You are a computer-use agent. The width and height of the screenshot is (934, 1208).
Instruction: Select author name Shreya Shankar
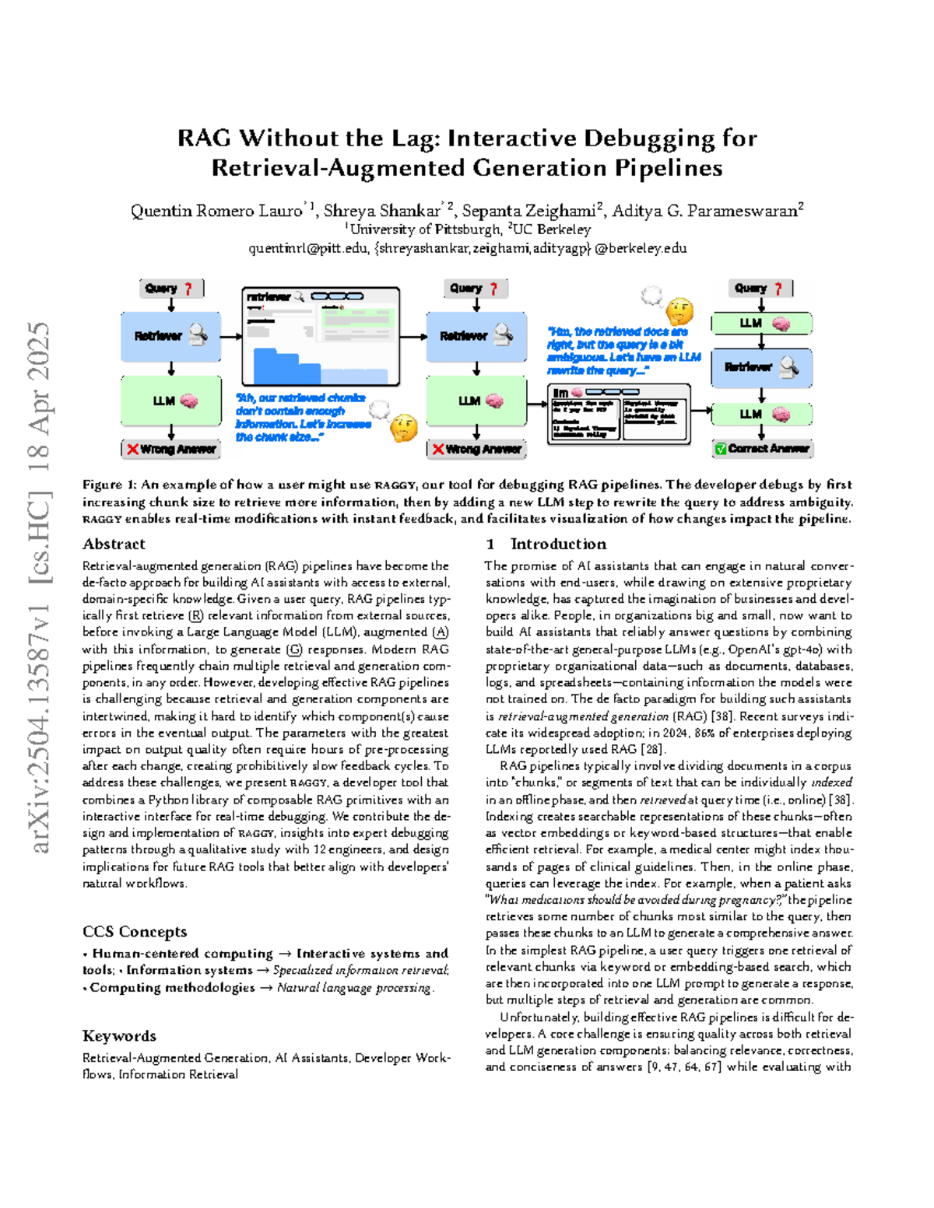tap(382, 211)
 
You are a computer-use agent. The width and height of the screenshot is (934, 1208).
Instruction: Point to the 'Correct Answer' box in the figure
tap(762, 448)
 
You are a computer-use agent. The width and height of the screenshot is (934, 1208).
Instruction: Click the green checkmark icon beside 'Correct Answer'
tap(721, 449)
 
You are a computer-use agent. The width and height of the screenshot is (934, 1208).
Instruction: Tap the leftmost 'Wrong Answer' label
tap(171, 449)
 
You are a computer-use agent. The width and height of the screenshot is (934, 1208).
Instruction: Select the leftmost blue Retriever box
tap(171, 336)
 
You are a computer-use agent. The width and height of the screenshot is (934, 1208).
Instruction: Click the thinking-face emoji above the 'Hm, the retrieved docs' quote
tap(679, 311)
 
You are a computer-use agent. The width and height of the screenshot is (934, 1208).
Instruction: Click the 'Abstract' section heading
tap(114, 544)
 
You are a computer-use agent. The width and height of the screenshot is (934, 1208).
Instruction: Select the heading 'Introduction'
tap(558, 544)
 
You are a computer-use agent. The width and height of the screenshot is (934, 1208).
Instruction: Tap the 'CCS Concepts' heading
tap(135, 932)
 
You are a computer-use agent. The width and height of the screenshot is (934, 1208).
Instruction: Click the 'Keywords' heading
tap(119, 1036)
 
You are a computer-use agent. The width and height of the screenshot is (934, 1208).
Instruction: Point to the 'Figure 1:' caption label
tap(110, 485)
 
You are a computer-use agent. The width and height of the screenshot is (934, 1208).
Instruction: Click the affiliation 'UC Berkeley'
tap(552, 229)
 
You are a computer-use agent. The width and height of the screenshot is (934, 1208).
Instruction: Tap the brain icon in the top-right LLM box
tap(781, 324)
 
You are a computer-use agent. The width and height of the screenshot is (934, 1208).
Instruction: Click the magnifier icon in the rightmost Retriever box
tap(789, 366)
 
